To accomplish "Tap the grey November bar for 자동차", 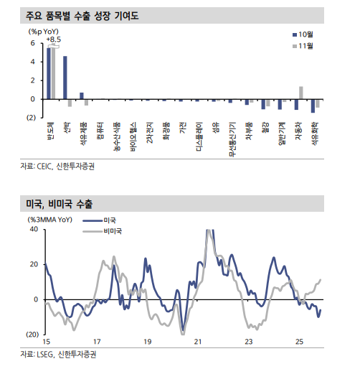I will pos(301,93).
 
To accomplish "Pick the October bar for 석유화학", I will pos(313,106).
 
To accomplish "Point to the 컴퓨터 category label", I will pos(99,134).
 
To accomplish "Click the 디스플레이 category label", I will pos(199,139).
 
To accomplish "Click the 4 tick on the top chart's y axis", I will pos(32,61).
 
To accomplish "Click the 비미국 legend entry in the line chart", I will pos(108,231).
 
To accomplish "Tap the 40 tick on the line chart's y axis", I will pos(33,229).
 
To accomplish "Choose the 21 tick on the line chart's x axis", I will pos(199,341).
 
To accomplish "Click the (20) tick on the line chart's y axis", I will pos(32,335).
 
